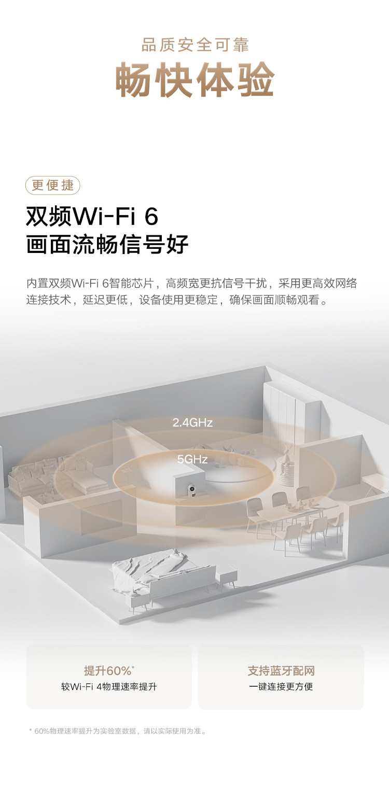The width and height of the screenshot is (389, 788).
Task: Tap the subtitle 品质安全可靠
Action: click(x=195, y=45)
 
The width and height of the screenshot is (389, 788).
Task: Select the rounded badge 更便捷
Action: click(x=53, y=185)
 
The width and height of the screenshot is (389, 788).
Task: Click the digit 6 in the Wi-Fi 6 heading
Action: click(x=151, y=217)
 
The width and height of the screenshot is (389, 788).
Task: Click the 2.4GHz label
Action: click(x=192, y=423)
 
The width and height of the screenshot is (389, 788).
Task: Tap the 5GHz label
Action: click(x=192, y=459)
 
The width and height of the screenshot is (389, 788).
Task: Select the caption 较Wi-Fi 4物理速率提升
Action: click(x=109, y=687)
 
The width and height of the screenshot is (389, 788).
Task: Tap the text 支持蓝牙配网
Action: click(x=281, y=670)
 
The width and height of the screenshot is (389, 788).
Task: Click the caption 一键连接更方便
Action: click(x=281, y=687)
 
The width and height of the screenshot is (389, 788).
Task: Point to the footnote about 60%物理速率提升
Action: click(x=118, y=731)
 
